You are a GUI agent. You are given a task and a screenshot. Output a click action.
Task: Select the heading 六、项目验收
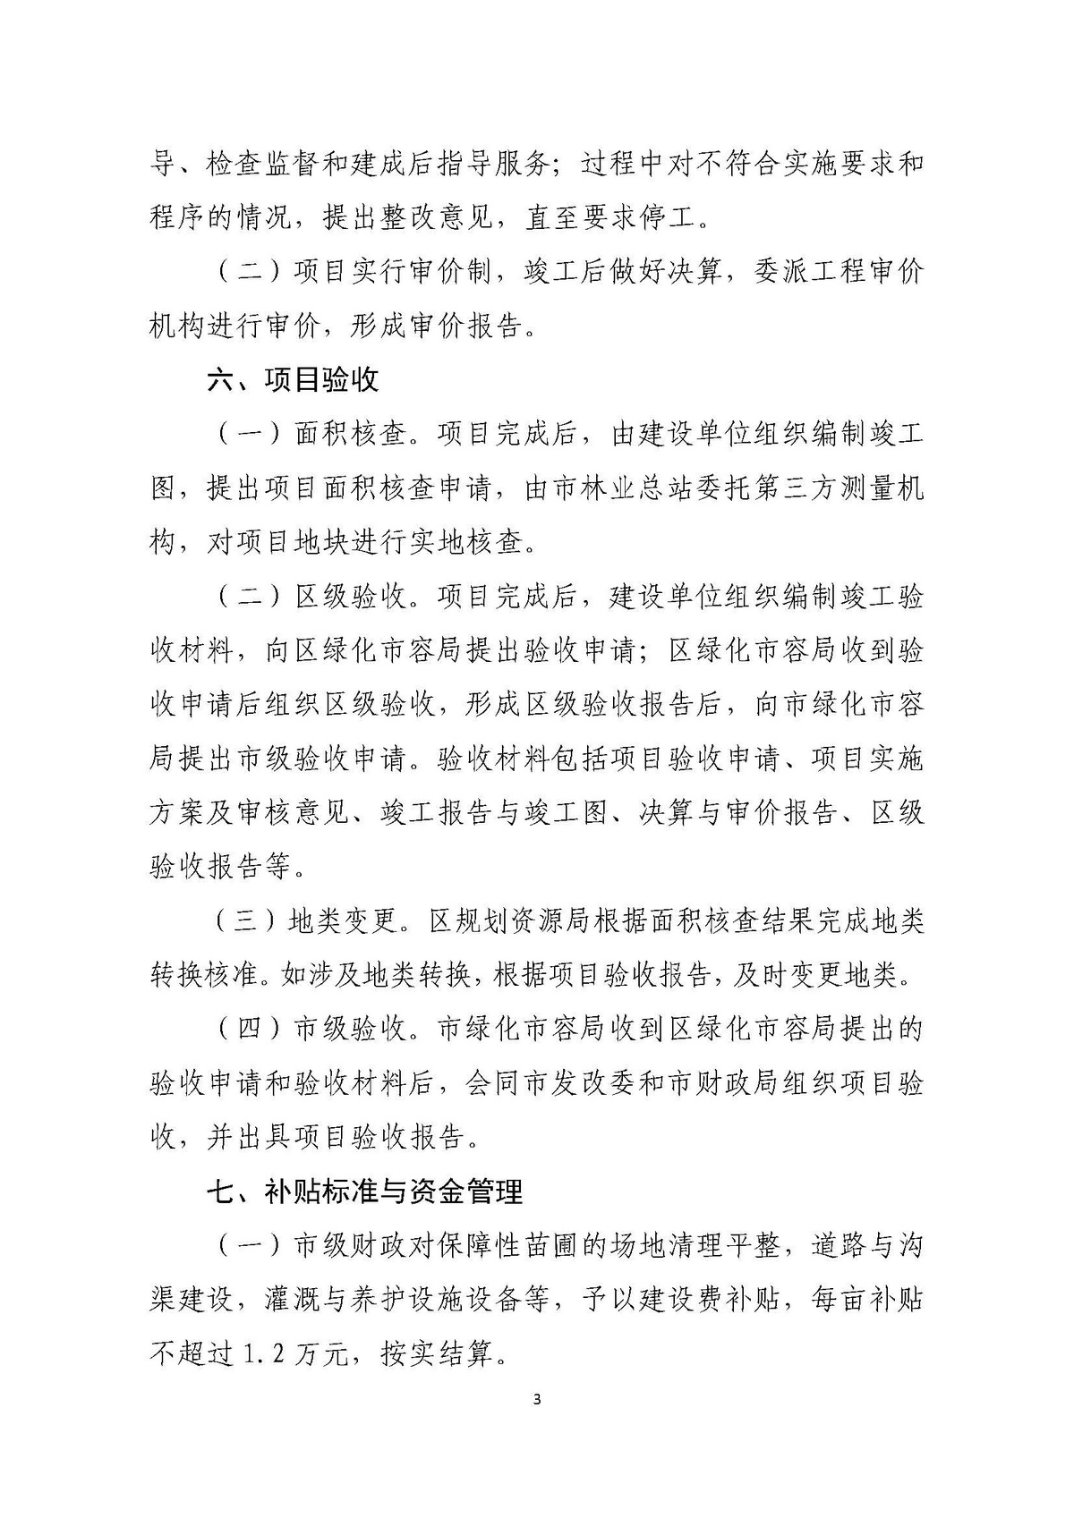point(293,380)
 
